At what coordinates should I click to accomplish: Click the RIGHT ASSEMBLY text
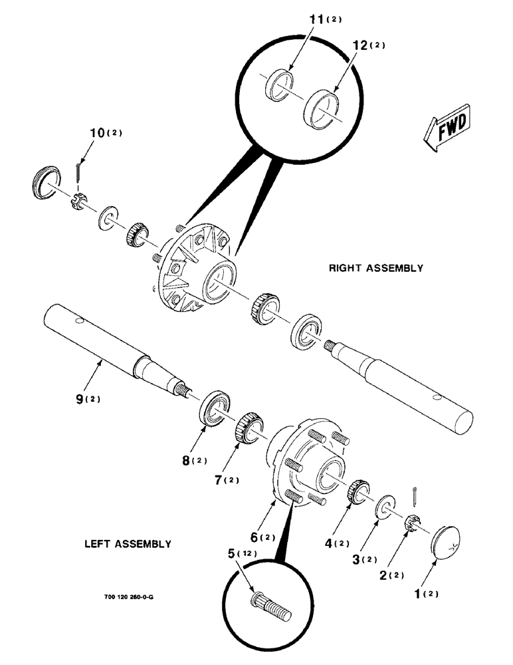[375, 269]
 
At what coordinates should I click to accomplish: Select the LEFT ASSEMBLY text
[128, 544]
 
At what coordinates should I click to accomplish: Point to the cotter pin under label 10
[79, 174]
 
